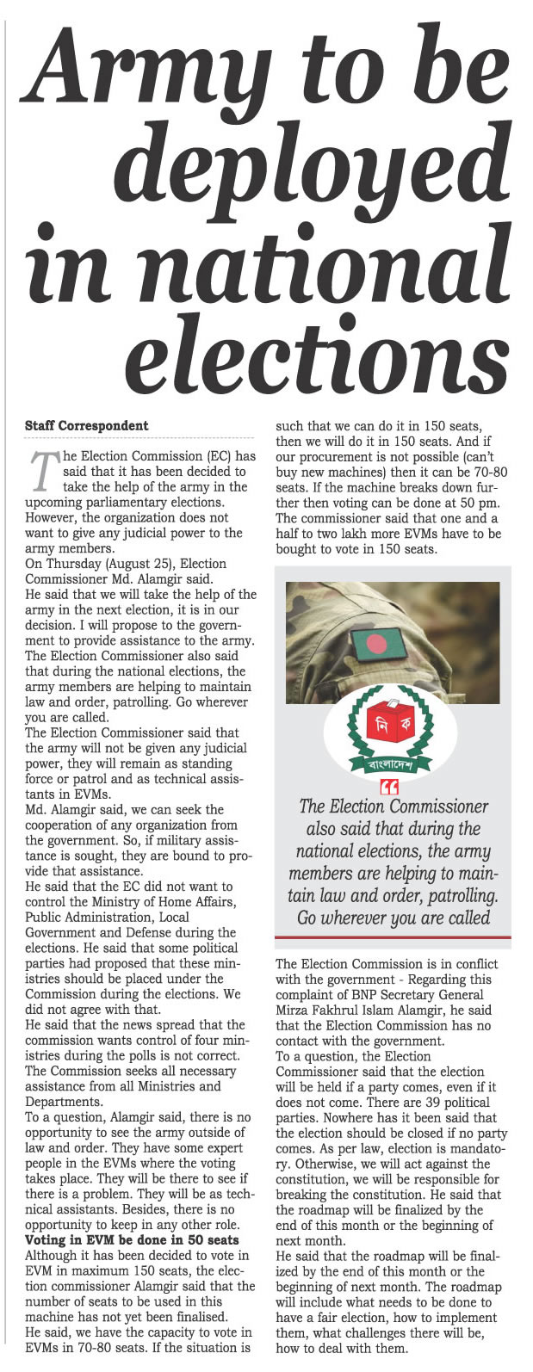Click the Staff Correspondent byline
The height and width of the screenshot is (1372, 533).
pos(86,426)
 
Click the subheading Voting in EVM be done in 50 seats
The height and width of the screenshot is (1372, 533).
pos(132,1240)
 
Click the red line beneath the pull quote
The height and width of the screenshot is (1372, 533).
pos(393,937)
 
